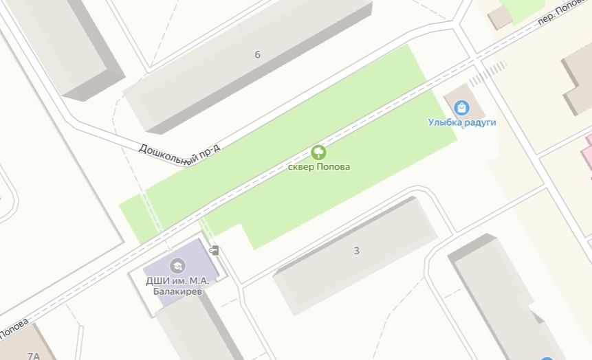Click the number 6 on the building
[x=257, y=55]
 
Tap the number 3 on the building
[x=356, y=251]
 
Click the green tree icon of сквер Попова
[x=318, y=153]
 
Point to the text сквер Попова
[x=318, y=167]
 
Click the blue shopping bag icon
[x=461, y=108]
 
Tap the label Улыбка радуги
[x=462, y=123]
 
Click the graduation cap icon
[x=177, y=265]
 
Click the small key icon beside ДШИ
[x=215, y=250]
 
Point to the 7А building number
[x=33, y=355]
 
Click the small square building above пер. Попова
[x=500, y=17]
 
